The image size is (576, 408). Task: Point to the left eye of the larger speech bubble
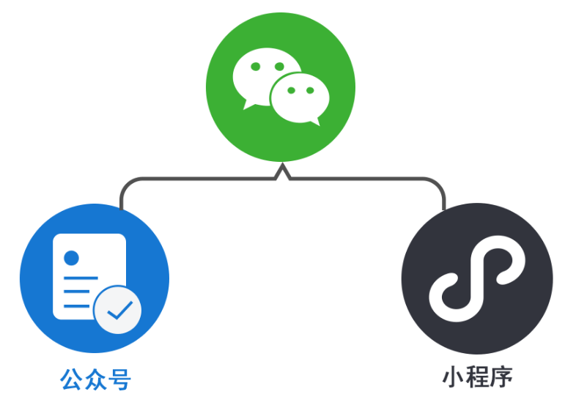pos(255,67)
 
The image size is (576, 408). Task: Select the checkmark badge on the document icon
pos(117,310)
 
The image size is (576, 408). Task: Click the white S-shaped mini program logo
pos(476,279)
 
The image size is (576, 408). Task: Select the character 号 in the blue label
pos(119,380)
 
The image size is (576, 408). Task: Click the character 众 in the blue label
pos(96,380)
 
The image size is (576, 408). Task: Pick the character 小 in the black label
pos(454,377)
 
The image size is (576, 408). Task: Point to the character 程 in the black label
pos(477,377)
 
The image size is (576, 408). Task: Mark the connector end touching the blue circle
pos(121,208)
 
